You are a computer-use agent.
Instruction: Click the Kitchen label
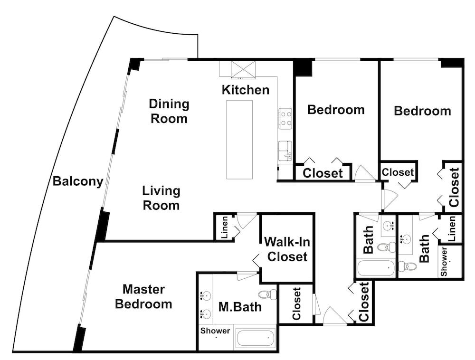pyautogui.click(x=246, y=90)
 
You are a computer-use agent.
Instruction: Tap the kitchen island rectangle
pyautogui.click(x=239, y=140)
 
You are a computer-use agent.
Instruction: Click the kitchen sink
pyautogui.click(x=285, y=151)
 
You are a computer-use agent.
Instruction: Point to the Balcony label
pyautogui.click(x=78, y=181)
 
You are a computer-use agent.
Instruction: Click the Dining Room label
pyautogui.click(x=169, y=111)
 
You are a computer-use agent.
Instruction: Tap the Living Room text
pyautogui.click(x=161, y=198)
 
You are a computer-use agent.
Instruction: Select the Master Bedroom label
pyautogui.click(x=143, y=296)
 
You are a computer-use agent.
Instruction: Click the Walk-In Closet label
pyautogui.click(x=287, y=249)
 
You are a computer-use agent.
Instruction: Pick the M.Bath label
pyautogui.click(x=240, y=307)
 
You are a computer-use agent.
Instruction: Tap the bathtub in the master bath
pyautogui.click(x=256, y=338)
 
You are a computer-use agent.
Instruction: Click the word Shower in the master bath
pyautogui.click(x=215, y=331)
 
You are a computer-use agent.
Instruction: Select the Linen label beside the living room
pyautogui.click(x=225, y=227)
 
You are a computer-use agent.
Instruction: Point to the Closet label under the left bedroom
pyautogui.click(x=323, y=173)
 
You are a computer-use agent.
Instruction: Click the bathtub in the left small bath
pyautogui.click(x=376, y=268)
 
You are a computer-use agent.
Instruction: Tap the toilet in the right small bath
pyautogui.click(x=407, y=266)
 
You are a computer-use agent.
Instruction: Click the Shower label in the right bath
pyautogui.click(x=444, y=262)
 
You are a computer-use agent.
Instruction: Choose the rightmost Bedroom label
pyautogui.click(x=422, y=111)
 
